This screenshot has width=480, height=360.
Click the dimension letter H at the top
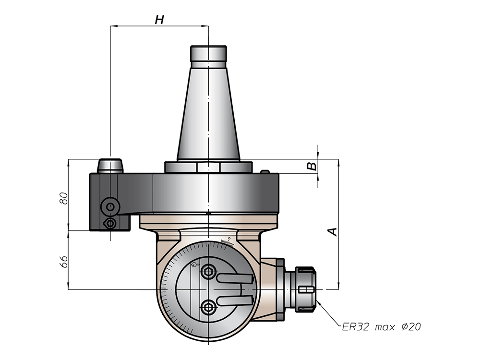coord(159,20)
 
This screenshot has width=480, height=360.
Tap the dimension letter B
coord(312,166)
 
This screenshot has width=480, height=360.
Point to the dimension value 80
coord(63,198)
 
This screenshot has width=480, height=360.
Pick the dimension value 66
coord(63,261)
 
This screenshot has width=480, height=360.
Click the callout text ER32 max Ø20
coord(382,327)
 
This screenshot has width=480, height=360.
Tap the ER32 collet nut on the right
coord(305,289)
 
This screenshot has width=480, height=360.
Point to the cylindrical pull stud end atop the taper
coord(208,54)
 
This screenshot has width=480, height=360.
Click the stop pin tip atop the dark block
coord(110,166)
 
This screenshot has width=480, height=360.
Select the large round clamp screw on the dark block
coord(110,207)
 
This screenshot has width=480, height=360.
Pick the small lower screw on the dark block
coord(110,223)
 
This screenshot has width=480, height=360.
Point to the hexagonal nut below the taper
coord(208,167)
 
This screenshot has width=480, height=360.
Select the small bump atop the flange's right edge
coord(265,172)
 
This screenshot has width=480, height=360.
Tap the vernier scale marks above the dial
coord(227,242)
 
